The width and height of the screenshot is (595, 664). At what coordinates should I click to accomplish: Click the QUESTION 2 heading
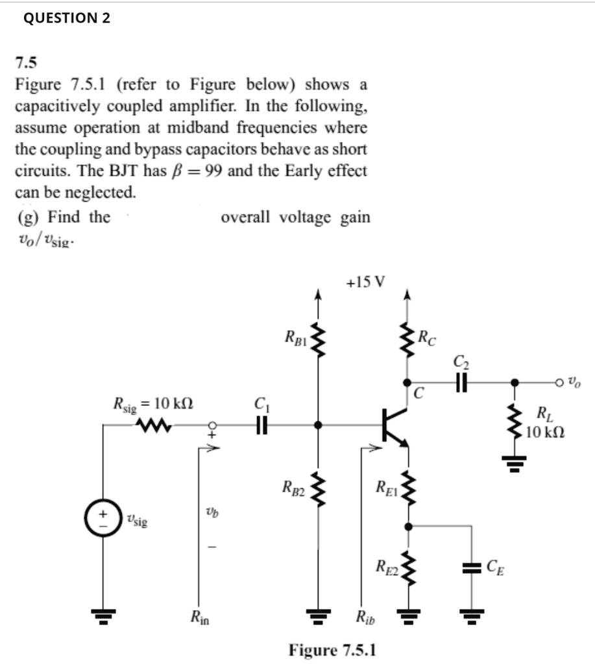67,18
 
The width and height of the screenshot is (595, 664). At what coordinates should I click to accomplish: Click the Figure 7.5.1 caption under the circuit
334,649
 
